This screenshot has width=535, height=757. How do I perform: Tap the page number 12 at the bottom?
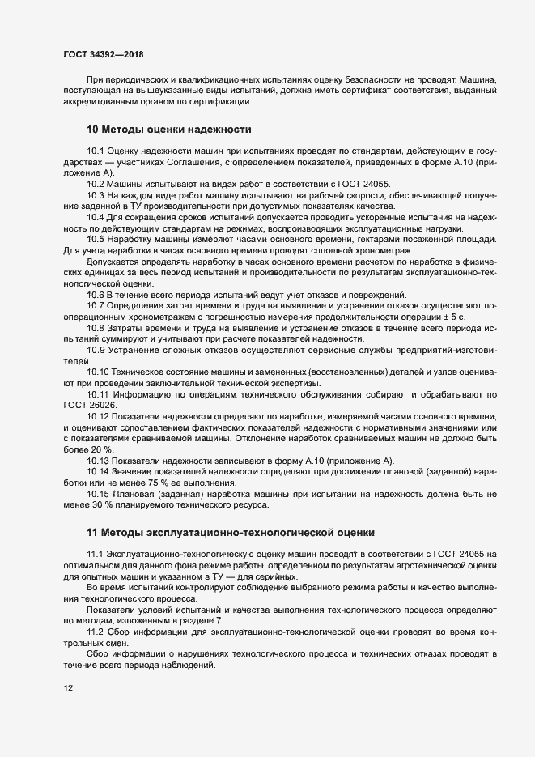point(68,688)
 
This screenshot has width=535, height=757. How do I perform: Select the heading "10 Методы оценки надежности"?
point(169,130)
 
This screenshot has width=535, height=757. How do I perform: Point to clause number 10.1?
point(96,151)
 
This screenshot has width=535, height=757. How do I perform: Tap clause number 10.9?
point(96,349)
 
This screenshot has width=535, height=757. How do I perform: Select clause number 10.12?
point(98,415)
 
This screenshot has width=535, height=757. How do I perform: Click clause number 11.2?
point(96,630)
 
